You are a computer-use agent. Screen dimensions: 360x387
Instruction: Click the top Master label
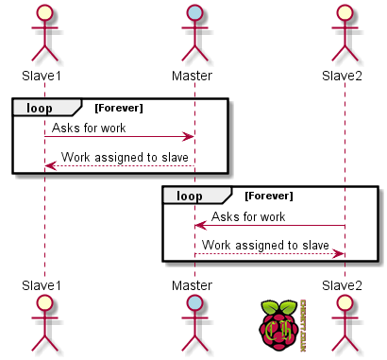[x=193, y=75]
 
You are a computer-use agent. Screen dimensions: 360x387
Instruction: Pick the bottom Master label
[x=193, y=284]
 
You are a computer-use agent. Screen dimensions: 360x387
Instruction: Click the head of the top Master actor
[x=194, y=12]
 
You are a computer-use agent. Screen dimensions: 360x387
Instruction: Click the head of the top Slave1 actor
[x=44, y=12]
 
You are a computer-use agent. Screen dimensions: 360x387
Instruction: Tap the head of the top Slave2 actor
[x=345, y=12]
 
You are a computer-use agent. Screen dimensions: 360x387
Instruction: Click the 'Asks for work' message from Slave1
[x=89, y=128]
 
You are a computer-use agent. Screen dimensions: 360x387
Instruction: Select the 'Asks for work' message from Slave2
[x=248, y=216]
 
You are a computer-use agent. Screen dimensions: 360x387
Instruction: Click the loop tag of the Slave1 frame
[x=40, y=107]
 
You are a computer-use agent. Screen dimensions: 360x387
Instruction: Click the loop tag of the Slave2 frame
[x=190, y=196]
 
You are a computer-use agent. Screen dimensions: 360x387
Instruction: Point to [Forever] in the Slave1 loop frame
[x=119, y=107]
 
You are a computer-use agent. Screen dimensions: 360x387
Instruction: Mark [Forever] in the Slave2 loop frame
[x=269, y=196]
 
